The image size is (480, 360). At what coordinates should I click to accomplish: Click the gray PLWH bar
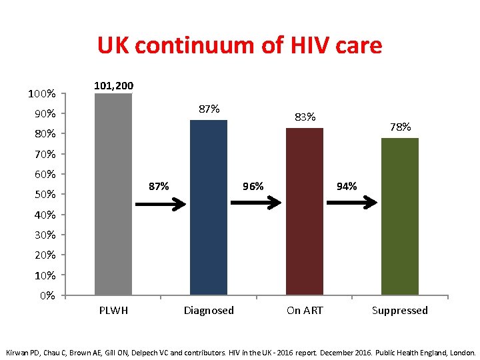point(113,193)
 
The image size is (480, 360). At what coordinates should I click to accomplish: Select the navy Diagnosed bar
point(209,207)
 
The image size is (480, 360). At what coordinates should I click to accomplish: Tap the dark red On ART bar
point(304,211)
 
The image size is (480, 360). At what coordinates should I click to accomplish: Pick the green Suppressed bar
point(400,216)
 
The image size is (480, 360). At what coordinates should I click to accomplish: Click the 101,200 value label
point(113,85)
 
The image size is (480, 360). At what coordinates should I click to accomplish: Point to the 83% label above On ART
point(305,117)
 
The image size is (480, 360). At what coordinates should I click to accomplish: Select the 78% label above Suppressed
point(401,127)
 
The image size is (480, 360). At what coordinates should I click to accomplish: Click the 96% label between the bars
point(253,186)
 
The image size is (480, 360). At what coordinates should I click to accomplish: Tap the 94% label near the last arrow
point(347,186)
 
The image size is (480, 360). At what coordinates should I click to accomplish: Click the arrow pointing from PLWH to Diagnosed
point(161,205)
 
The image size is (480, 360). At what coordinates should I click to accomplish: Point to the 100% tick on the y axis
point(41,94)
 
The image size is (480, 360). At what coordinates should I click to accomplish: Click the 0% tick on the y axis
point(47,295)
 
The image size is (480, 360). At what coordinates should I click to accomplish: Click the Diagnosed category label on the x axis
point(209,310)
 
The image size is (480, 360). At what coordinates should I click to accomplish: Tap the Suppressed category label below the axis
point(400,310)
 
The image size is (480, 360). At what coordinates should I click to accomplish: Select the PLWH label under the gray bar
point(113,310)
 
